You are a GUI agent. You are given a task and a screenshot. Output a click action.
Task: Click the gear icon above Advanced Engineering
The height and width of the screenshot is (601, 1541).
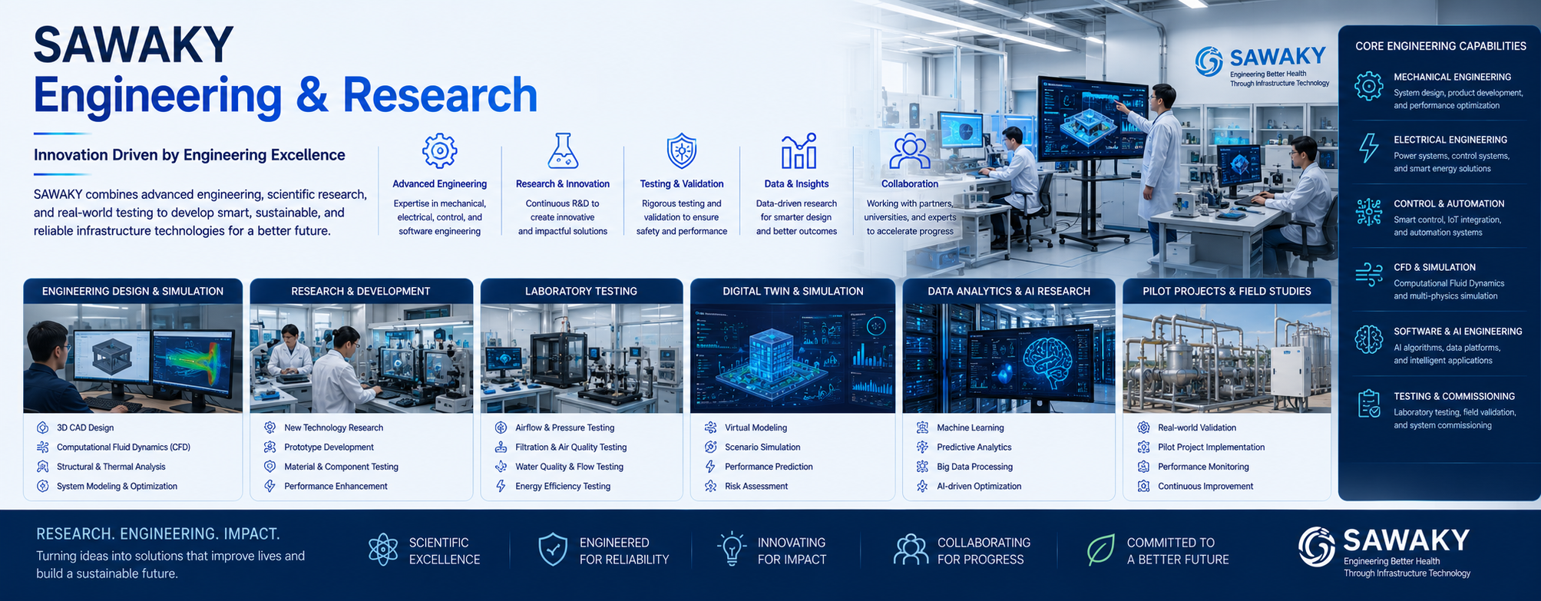[x=439, y=151]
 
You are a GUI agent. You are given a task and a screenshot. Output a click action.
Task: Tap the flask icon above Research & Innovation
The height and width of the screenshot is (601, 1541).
[x=562, y=150]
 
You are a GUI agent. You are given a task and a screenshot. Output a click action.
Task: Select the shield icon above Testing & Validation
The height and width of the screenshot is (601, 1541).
[x=681, y=150]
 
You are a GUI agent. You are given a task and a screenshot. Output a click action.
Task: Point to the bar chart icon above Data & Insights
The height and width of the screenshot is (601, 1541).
[x=798, y=150]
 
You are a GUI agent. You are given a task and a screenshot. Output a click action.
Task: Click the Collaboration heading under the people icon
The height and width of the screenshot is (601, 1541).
[x=910, y=184]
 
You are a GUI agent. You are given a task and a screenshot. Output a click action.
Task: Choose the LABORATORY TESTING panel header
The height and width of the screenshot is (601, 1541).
[x=581, y=292]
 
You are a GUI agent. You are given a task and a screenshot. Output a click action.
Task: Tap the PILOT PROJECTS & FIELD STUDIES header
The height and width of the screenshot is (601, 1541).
[x=1227, y=292]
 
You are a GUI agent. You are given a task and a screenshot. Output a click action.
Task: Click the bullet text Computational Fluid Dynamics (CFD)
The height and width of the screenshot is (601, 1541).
[x=124, y=447]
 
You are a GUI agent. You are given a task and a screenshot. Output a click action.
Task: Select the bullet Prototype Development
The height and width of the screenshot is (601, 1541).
[x=329, y=447]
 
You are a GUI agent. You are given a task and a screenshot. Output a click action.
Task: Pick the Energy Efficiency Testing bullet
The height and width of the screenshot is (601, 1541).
[x=563, y=487]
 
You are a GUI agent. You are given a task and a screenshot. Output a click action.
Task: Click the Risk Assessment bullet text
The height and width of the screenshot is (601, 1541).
[x=756, y=487]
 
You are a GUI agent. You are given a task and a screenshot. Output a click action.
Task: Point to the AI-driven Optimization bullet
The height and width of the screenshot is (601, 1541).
[x=979, y=487]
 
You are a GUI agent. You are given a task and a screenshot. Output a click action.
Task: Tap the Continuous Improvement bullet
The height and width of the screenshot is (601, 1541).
[x=1205, y=487]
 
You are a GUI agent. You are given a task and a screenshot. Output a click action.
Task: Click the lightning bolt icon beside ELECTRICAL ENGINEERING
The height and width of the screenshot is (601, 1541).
[x=1368, y=148]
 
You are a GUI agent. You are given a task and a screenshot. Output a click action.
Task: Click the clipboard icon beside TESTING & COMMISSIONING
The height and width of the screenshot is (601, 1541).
[x=1368, y=404]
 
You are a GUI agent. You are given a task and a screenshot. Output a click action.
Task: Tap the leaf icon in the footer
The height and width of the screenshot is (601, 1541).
[x=1101, y=550]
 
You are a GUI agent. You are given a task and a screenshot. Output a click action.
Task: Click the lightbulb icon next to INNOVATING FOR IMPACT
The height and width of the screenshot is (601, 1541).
[x=732, y=550]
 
